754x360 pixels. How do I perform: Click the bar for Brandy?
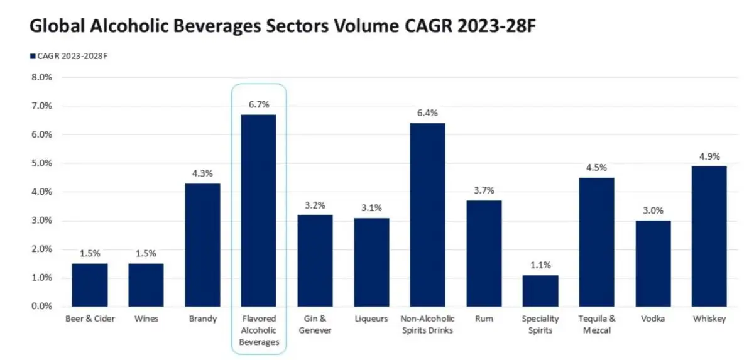(202, 245)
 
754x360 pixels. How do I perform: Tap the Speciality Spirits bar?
(541, 290)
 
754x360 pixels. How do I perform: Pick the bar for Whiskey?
(709, 236)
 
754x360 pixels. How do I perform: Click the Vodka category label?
(653, 319)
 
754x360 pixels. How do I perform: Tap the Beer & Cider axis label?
(89, 319)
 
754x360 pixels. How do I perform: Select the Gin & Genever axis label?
(315, 324)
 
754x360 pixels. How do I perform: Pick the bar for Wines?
(146, 285)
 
